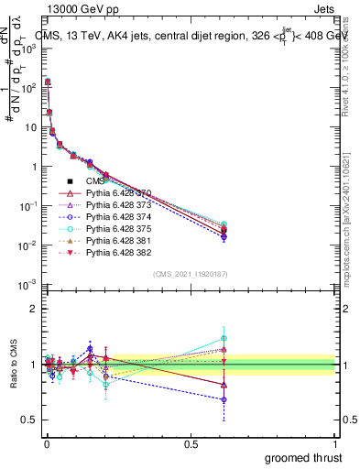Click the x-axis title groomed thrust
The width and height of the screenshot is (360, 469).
(305, 457)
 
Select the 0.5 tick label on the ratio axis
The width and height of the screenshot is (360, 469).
(27, 420)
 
